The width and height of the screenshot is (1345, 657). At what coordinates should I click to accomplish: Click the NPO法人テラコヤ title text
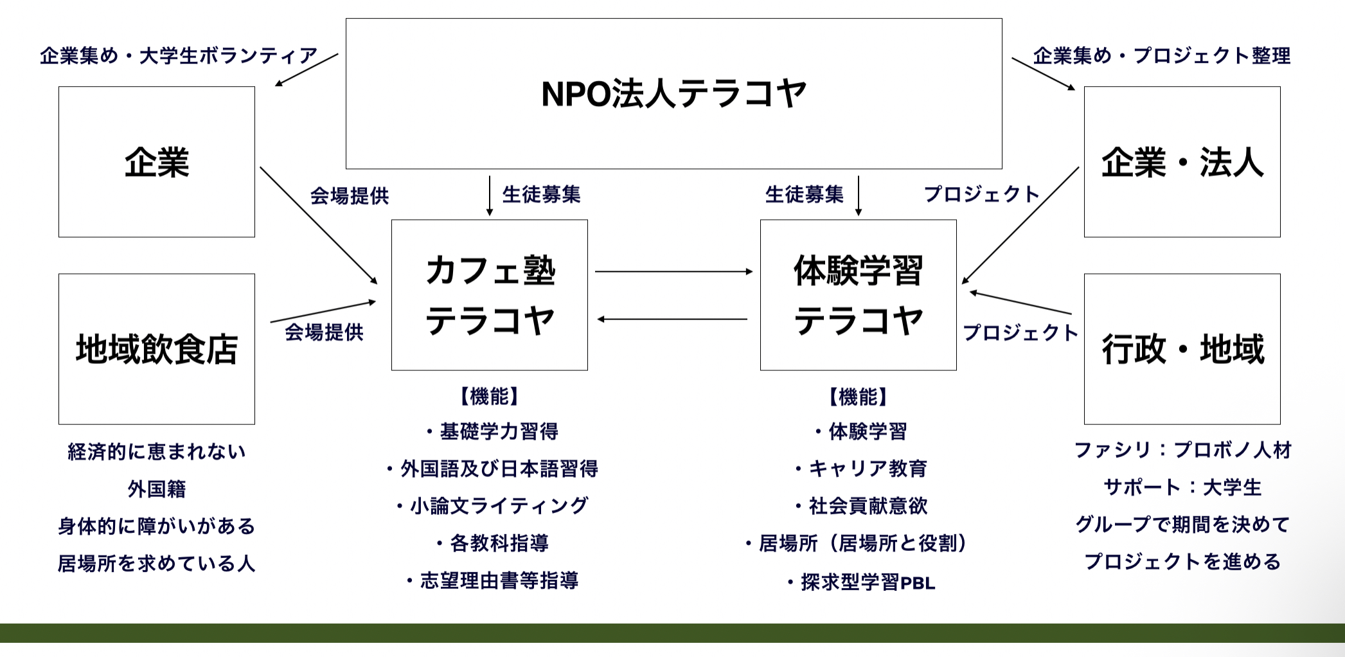[x=673, y=94]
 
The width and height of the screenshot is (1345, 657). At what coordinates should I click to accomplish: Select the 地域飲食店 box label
[x=157, y=349]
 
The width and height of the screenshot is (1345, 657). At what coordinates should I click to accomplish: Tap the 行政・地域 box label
[x=1182, y=349]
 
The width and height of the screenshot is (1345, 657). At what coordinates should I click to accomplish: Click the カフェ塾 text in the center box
[x=490, y=270]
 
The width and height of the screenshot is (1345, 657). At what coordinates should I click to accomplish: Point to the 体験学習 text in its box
[x=859, y=270]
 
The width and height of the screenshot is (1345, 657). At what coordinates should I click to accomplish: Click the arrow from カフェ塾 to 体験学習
[x=673, y=271]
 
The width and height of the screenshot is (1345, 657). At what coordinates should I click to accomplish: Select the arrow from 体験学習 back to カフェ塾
[x=672, y=319]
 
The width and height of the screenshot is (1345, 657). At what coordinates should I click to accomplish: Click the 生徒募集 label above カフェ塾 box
[x=541, y=194]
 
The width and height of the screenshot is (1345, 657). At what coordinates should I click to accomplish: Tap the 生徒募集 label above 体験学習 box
[x=804, y=194]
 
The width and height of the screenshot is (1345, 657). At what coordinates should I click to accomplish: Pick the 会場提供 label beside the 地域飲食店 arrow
[x=324, y=332]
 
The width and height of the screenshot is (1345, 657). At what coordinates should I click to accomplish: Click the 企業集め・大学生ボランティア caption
[x=179, y=55]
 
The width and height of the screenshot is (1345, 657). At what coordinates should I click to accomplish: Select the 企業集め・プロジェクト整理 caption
[x=1162, y=55]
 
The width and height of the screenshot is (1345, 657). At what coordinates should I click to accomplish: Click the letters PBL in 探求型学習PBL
[x=918, y=583]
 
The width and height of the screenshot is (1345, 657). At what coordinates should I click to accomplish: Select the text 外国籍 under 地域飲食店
[x=157, y=489]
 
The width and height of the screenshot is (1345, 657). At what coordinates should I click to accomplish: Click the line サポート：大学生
[x=1182, y=487]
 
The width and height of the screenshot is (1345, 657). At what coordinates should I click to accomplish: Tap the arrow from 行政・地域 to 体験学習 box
[x=1020, y=303]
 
